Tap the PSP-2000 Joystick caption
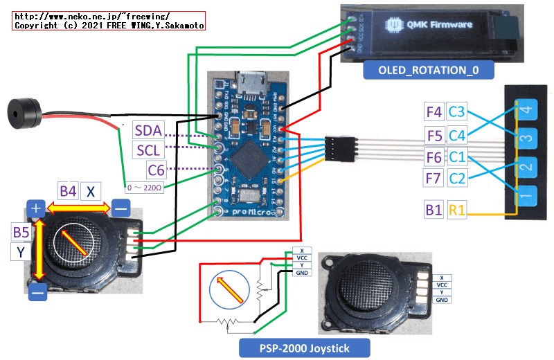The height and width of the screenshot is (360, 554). [x=303, y=348]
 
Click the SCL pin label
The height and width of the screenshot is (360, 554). [x=148, y=150]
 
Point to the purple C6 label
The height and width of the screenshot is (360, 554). [x=159, y=168]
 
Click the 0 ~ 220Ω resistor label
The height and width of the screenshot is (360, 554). [x=143, y=188]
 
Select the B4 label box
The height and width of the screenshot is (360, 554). [x=68, y=191]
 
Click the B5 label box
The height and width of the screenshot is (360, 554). [x=22, y=232]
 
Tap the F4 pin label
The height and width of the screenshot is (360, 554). [x=434, y=111]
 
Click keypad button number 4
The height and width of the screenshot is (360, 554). [x=526, y=109]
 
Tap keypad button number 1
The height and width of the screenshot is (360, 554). [x=526, y=197]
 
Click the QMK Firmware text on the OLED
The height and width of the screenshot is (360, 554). [x=440, y=26]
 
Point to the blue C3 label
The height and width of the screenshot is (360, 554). [x=458, y=111]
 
